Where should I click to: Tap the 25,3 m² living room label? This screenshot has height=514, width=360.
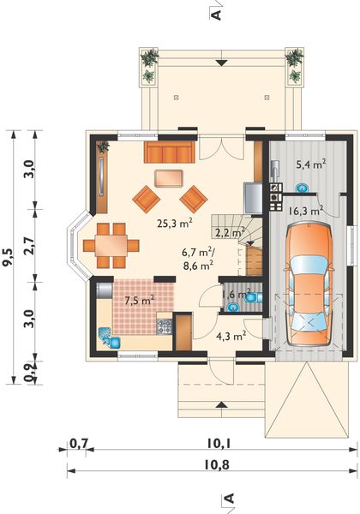pyautogui.click(x=173, y=224)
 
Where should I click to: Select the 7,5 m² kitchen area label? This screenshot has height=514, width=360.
pyautogui.click(x=139, y=300)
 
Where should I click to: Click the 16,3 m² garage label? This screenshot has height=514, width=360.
pyautogui.click(x=305, y=208)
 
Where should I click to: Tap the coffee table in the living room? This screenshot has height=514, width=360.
pyautogui.click(x=169, y=177)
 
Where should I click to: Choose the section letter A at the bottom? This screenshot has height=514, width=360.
pyautogui.click(x=229, y=499)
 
